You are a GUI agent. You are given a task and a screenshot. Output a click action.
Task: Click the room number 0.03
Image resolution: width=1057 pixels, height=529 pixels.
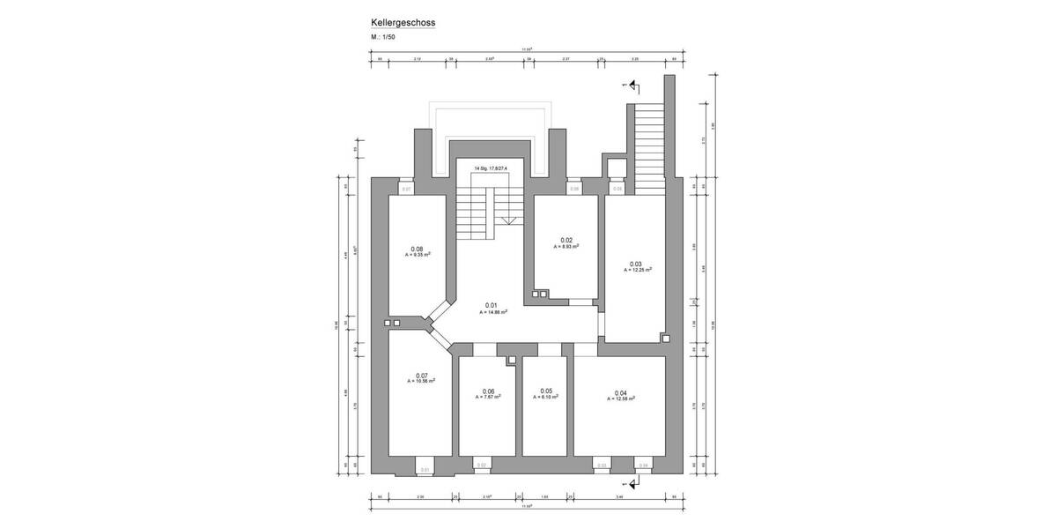tap(636, 264)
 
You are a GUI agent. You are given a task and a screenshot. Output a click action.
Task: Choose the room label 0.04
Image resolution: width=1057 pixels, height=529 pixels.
tap(620, 392)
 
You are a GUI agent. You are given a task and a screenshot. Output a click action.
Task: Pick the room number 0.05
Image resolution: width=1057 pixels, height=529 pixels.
tap(546, 391)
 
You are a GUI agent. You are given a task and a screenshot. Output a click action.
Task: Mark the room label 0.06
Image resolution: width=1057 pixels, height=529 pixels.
tap(489, 391)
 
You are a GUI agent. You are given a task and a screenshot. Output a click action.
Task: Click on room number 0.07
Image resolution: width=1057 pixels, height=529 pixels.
tap(421, 376)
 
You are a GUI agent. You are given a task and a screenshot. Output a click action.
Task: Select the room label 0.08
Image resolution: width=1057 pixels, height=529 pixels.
tap(418, 249)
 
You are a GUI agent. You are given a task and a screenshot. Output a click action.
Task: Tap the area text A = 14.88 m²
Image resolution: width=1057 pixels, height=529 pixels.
tap(492, 312)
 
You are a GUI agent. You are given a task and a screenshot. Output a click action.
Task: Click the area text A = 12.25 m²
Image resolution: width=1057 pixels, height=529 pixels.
tap(636, 271)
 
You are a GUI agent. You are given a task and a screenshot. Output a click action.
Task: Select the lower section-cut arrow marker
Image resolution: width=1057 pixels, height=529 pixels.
tap(633, 482)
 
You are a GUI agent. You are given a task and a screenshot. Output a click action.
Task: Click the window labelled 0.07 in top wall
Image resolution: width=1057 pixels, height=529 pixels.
tap(406, 188)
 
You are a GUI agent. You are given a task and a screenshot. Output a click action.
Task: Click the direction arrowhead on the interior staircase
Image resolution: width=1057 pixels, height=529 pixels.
tap(509, 222)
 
